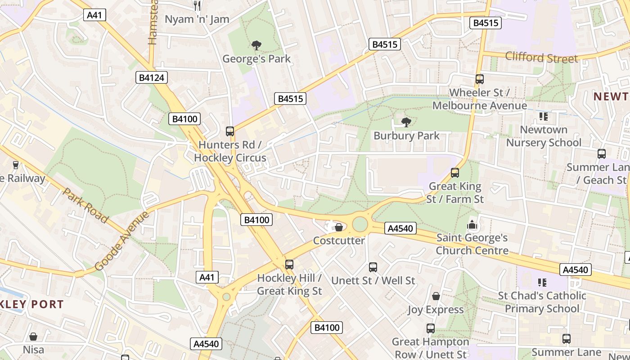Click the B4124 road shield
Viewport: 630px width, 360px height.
[x=152, y=78]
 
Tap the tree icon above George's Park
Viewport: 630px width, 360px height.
[x=256, y=45]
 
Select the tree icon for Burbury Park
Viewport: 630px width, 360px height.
[x=406, y=122]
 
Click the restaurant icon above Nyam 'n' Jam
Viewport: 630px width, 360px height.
[x=197, y=6]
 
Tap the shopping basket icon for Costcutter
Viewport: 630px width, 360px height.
[x=338, y=227]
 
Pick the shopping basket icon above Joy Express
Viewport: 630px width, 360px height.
[x=436, y=296]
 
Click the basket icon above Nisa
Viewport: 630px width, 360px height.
[x=33, y=337]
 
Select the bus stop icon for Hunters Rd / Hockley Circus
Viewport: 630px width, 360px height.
[x=230, y=131]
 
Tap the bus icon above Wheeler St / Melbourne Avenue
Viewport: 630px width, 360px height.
[x=480, y=79]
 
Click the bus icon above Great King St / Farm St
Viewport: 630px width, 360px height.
[x=455, y=173]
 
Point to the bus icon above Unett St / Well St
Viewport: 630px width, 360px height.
[x=373, y=267]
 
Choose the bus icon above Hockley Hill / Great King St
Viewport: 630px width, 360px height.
[x=289, y=265]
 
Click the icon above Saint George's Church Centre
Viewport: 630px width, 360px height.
[x=472, y=224]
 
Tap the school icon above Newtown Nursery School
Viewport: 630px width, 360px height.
[x=543, y=117]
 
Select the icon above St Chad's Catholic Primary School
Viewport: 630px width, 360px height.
[x=542, y=283]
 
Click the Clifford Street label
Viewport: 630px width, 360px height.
[x=541, y=58]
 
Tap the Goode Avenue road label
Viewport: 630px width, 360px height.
[x=122, y=241]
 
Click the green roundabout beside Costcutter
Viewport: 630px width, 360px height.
[x=360, y=224]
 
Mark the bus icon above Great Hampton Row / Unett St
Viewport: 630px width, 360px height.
[x=431, y=328]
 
